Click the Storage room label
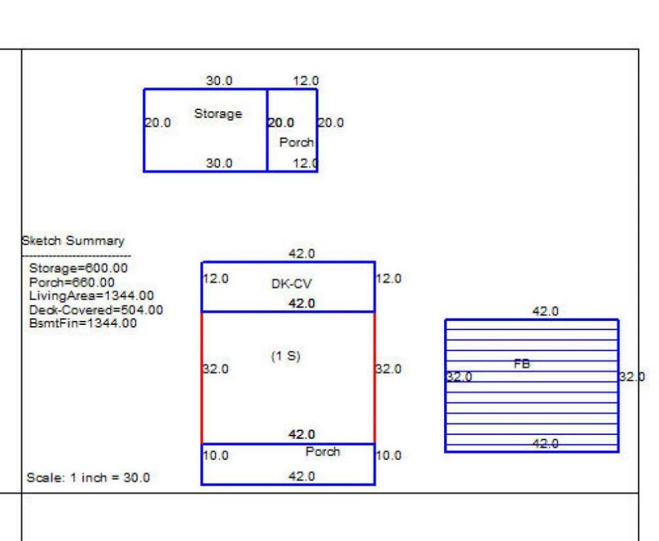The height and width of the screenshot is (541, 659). [x=218, y=115]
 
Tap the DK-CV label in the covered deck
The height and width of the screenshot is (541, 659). [x=292, y=284]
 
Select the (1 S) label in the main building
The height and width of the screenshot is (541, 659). [x=286, y=356]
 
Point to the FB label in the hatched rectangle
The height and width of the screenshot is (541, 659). [x=522, y=363]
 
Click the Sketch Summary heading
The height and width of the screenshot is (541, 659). [x=73, y=241]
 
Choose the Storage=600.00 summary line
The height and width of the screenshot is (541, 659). [x=79, y=268]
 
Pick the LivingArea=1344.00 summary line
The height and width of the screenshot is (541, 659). [x=91, y=296]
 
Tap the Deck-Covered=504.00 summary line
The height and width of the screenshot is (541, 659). [x=97, y=310]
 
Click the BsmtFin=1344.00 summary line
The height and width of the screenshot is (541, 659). [x=83, y=323]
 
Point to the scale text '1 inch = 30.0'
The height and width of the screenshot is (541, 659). [x=110, y=477]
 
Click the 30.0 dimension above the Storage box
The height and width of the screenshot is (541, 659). [x=219, y=80]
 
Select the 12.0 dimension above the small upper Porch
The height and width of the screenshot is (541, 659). [x=306, y=80]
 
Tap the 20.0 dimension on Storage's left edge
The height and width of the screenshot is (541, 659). [x=158, y=123]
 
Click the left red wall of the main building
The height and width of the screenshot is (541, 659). [x=202, y=378]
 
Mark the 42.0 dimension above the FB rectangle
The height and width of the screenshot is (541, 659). [x=546, y=311]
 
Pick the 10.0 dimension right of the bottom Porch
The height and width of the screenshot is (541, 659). [x=388, y=455]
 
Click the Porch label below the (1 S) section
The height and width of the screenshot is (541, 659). [x=323, y=452]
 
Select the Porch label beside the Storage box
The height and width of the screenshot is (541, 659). [x=297, y=142]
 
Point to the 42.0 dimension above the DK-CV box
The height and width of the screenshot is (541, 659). [x=302, y=253]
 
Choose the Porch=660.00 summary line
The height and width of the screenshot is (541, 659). [x=72, y=282]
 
